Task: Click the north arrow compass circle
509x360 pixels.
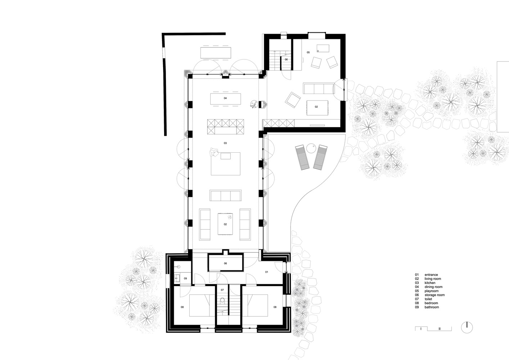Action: click(467, 328)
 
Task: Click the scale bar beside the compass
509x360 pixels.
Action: click(433, 329)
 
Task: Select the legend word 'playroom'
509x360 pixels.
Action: click(432, 291)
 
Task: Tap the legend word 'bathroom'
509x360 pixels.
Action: click(432, 307)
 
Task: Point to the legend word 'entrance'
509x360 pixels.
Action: click(431, 275)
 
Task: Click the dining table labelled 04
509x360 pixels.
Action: click(225, 99)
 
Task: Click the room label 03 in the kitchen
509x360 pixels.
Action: click(225, 143)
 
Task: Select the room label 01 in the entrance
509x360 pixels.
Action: click(266, 272)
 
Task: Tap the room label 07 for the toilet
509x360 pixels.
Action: click(222, 290)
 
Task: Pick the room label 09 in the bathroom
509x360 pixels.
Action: click(185, 278)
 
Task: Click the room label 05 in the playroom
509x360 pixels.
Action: click(308, 52)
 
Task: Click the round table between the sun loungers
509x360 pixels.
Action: click(311, 148)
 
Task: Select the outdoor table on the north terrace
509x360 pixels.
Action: click(216, 53)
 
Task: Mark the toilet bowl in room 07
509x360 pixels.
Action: click(222, 301)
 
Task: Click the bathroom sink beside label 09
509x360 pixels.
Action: click(177, 278)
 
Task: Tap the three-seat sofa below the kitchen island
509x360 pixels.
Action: click(225, 195)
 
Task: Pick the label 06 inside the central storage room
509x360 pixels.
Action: click(225, 264)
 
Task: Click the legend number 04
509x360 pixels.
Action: click(417, 287)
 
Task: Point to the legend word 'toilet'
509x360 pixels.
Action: click(428, 299)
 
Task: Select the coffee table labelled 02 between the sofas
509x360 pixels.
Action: click(225, 224)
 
